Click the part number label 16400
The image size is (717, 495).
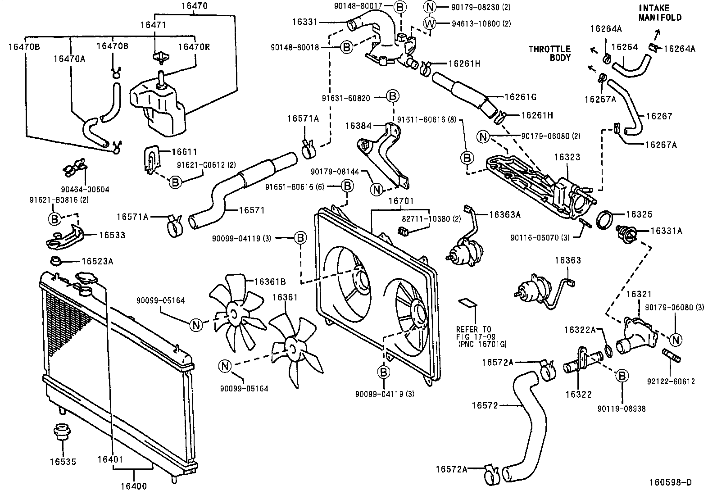(x=134, y=486)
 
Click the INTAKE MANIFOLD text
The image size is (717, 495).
(x=660, y=13)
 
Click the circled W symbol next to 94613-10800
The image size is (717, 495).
(x=430, y=23)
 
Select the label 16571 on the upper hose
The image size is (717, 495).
(x=251, y=210)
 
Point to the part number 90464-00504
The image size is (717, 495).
(x=86, y=190)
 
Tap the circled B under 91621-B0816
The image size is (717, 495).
(x=54, y=219)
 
